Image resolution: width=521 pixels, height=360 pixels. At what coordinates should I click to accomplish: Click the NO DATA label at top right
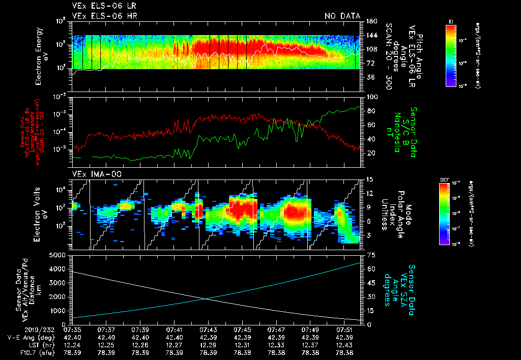[x=342, y=16]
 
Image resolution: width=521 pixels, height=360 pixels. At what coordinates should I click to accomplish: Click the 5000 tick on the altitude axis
[x=60, y=255]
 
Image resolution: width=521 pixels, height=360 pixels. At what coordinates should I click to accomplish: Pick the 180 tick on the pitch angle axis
[x=370, y=21]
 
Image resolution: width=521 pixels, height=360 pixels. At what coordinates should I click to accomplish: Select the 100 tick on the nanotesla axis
[x=370, y=97]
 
